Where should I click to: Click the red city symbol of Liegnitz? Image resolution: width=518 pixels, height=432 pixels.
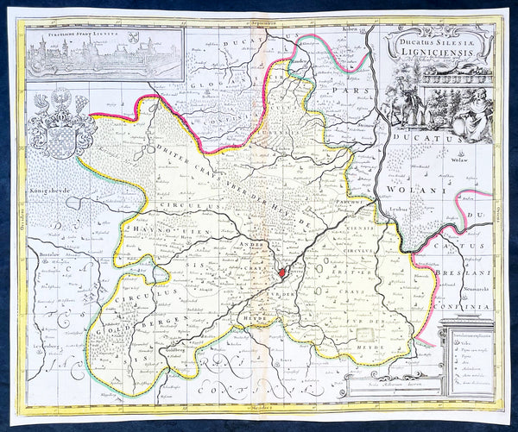[x=281, y=273]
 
